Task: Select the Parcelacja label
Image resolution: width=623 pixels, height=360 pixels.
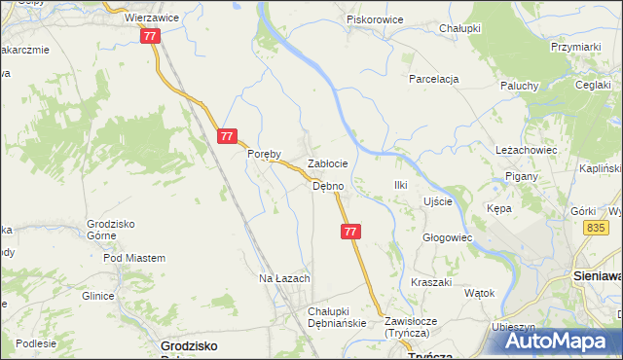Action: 433,79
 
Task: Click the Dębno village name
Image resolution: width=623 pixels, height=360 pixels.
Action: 327,186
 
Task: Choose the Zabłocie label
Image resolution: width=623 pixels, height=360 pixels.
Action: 328,164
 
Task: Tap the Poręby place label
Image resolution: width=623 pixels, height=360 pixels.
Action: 264,154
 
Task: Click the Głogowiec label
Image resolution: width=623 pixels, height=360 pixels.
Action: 447,237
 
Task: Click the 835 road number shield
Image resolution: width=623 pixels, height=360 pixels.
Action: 597,227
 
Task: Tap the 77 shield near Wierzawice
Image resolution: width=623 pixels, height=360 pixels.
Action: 149,36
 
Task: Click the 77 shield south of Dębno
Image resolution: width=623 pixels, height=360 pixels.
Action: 351,232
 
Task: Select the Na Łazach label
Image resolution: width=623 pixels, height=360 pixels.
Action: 284,278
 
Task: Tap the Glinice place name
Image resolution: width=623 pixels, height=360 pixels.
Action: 98,296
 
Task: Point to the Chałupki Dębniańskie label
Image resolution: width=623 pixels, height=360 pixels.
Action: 335,316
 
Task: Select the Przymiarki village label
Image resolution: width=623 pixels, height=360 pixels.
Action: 574,46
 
